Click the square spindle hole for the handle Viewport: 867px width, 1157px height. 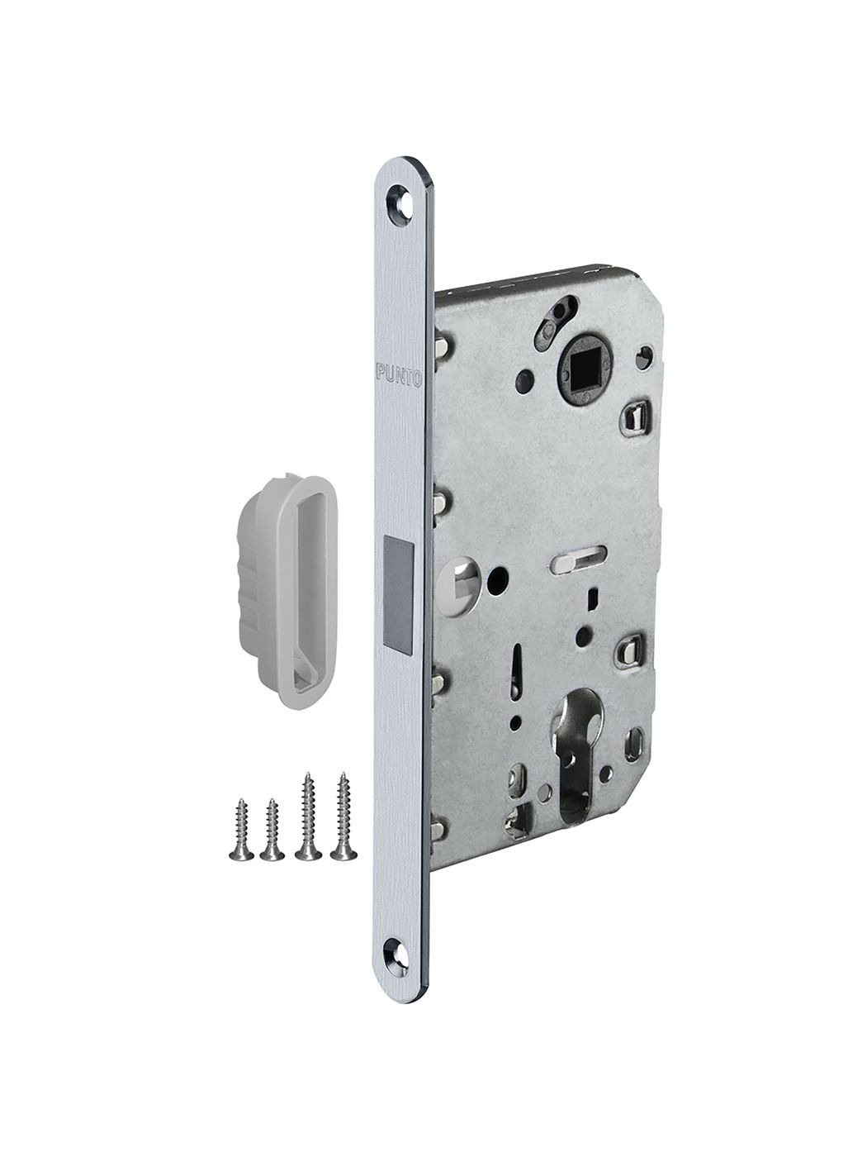586,364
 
